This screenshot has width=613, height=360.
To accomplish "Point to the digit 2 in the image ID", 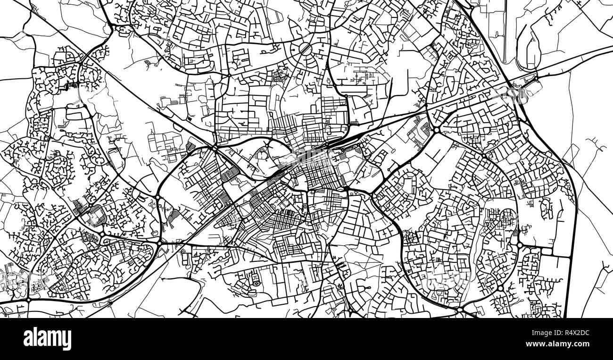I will coord(583,333).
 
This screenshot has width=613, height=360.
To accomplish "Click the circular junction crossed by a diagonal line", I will coord(305,49).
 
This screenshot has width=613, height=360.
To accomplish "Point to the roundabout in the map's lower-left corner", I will coord(29,299).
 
